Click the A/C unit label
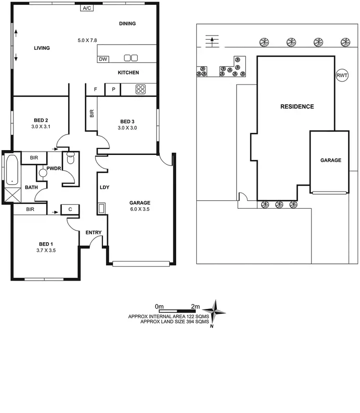point(87,9)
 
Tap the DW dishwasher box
point(103,59)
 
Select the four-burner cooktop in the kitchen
point(141,89)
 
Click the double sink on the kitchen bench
point(131,59)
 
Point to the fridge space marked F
point(96,89)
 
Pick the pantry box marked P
point(113,89)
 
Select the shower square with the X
point(10,195)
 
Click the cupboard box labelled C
point(70,209)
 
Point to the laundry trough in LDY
point(101,208)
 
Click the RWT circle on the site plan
point(342,75)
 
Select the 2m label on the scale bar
point(195,306)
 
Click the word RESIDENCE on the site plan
point(297,106)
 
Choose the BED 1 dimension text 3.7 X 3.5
point(46,250)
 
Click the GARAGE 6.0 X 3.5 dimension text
point(140,209)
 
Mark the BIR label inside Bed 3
point(91,114)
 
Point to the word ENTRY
point(94,233)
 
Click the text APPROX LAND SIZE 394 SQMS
point(175,322)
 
